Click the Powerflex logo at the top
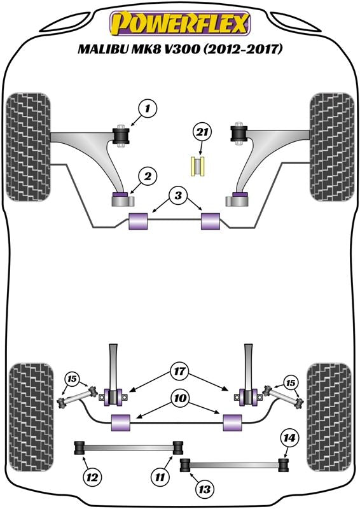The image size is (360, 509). (x=180, y=24)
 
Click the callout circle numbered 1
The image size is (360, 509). (x=148, y=109)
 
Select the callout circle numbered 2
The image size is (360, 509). (x=148, y=177)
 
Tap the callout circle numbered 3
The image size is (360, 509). (x=178, y=196)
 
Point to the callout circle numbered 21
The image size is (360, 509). (x=202, y=133)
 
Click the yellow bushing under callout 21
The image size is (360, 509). (x=197, y=166)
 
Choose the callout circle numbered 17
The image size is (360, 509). (x=179, y=372)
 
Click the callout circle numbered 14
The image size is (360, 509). (x=289, y=438)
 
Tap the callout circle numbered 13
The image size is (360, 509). (x=205, y=489)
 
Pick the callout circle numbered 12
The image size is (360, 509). (x=92, y=478)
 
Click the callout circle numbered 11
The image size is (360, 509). (x=160, y=478)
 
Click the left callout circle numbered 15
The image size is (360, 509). (x=73, y=379)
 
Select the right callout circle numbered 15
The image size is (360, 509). (x=291, y=384)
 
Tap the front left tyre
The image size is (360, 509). (x=28, y=147)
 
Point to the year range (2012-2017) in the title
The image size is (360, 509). (x=246, y=49)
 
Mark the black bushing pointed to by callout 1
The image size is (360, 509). (x=121, y=136)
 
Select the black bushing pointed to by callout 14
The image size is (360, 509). (x=284, y=464)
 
